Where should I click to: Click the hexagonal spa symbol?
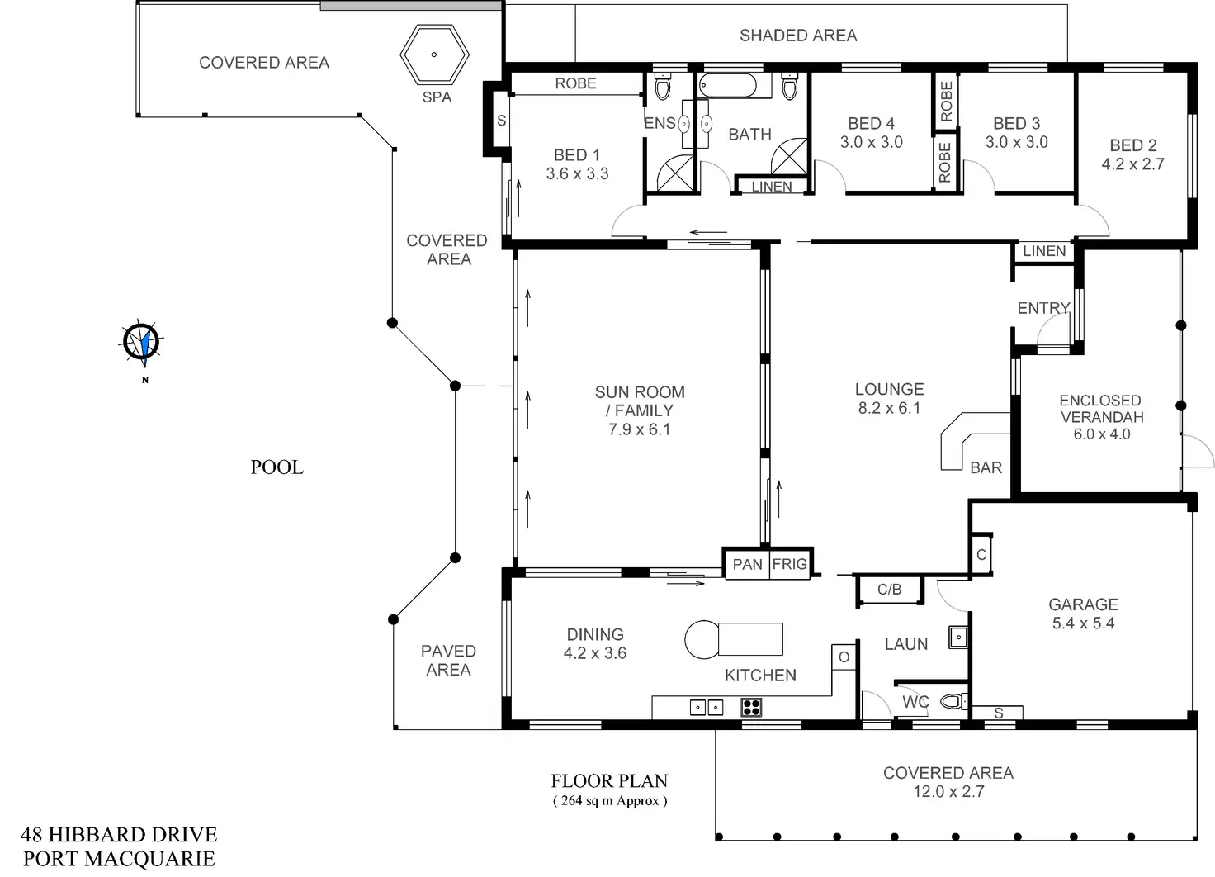pos(434,55)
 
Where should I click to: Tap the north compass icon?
pos(142,343)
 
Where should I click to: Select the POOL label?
pos(277,467)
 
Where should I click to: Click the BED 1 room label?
pos(577,154)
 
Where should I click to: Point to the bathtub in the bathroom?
pos(727,86)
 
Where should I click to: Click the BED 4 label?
pos(871,123)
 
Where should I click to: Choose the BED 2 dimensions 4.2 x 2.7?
pos(1132,164)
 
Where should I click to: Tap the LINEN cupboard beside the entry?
pos(1044,251)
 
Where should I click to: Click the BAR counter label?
pos(986,468)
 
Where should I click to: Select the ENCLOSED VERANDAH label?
pos(1101,408)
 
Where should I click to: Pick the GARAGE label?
pos(1083,604)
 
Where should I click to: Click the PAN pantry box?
pos(747,564)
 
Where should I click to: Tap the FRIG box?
pos(790,564)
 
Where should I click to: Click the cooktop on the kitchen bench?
pos(751,707)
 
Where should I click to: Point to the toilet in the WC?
pos(953,702)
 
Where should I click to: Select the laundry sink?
pos(957,638)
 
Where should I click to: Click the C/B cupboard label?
pos(889,590)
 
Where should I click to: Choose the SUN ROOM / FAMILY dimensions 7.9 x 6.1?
pos(639,429)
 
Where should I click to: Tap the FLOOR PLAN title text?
pos(609,780)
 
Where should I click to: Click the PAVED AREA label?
pos(448,660)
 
